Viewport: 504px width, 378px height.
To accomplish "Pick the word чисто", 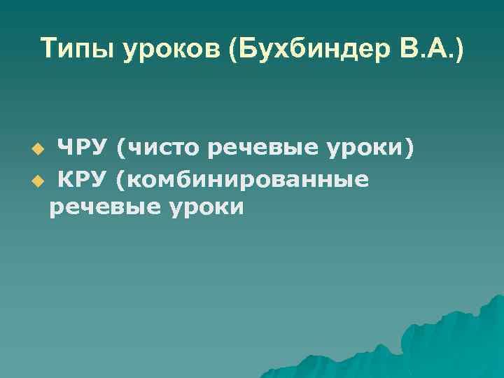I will tap(165, 148).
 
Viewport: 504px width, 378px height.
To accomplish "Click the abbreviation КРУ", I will tap(83, 180).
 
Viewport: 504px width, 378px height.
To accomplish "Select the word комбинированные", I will tap(248, 181).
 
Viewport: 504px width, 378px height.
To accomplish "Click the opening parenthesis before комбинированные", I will tap(122, 181).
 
